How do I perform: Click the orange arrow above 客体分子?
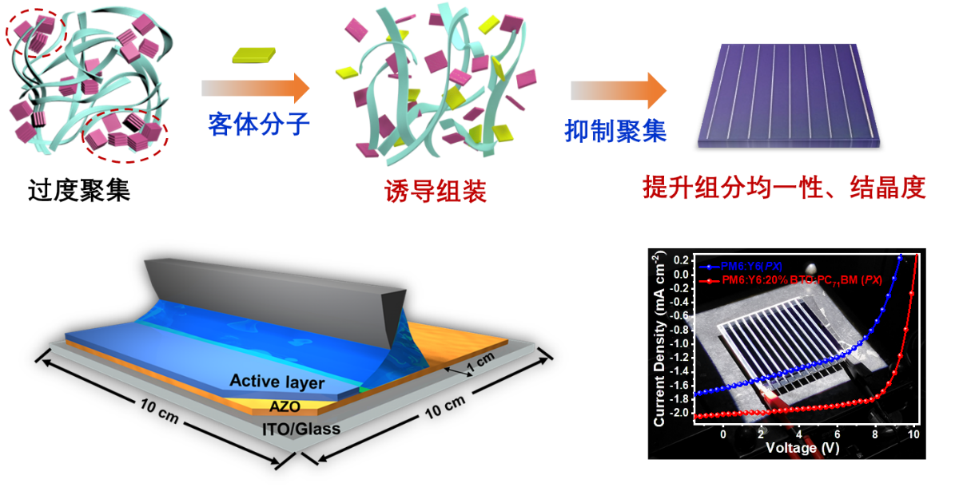click(x=255, y=88)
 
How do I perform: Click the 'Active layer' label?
click(x=277, y=382)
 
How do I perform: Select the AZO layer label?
click(x=285, y=406)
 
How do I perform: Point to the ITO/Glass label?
click(x=301, y=429)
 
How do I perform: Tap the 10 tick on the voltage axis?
click(x=913, y=435)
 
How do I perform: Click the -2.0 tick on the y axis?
click(x=680, y=414)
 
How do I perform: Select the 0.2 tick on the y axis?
click(x=682, y=260)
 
